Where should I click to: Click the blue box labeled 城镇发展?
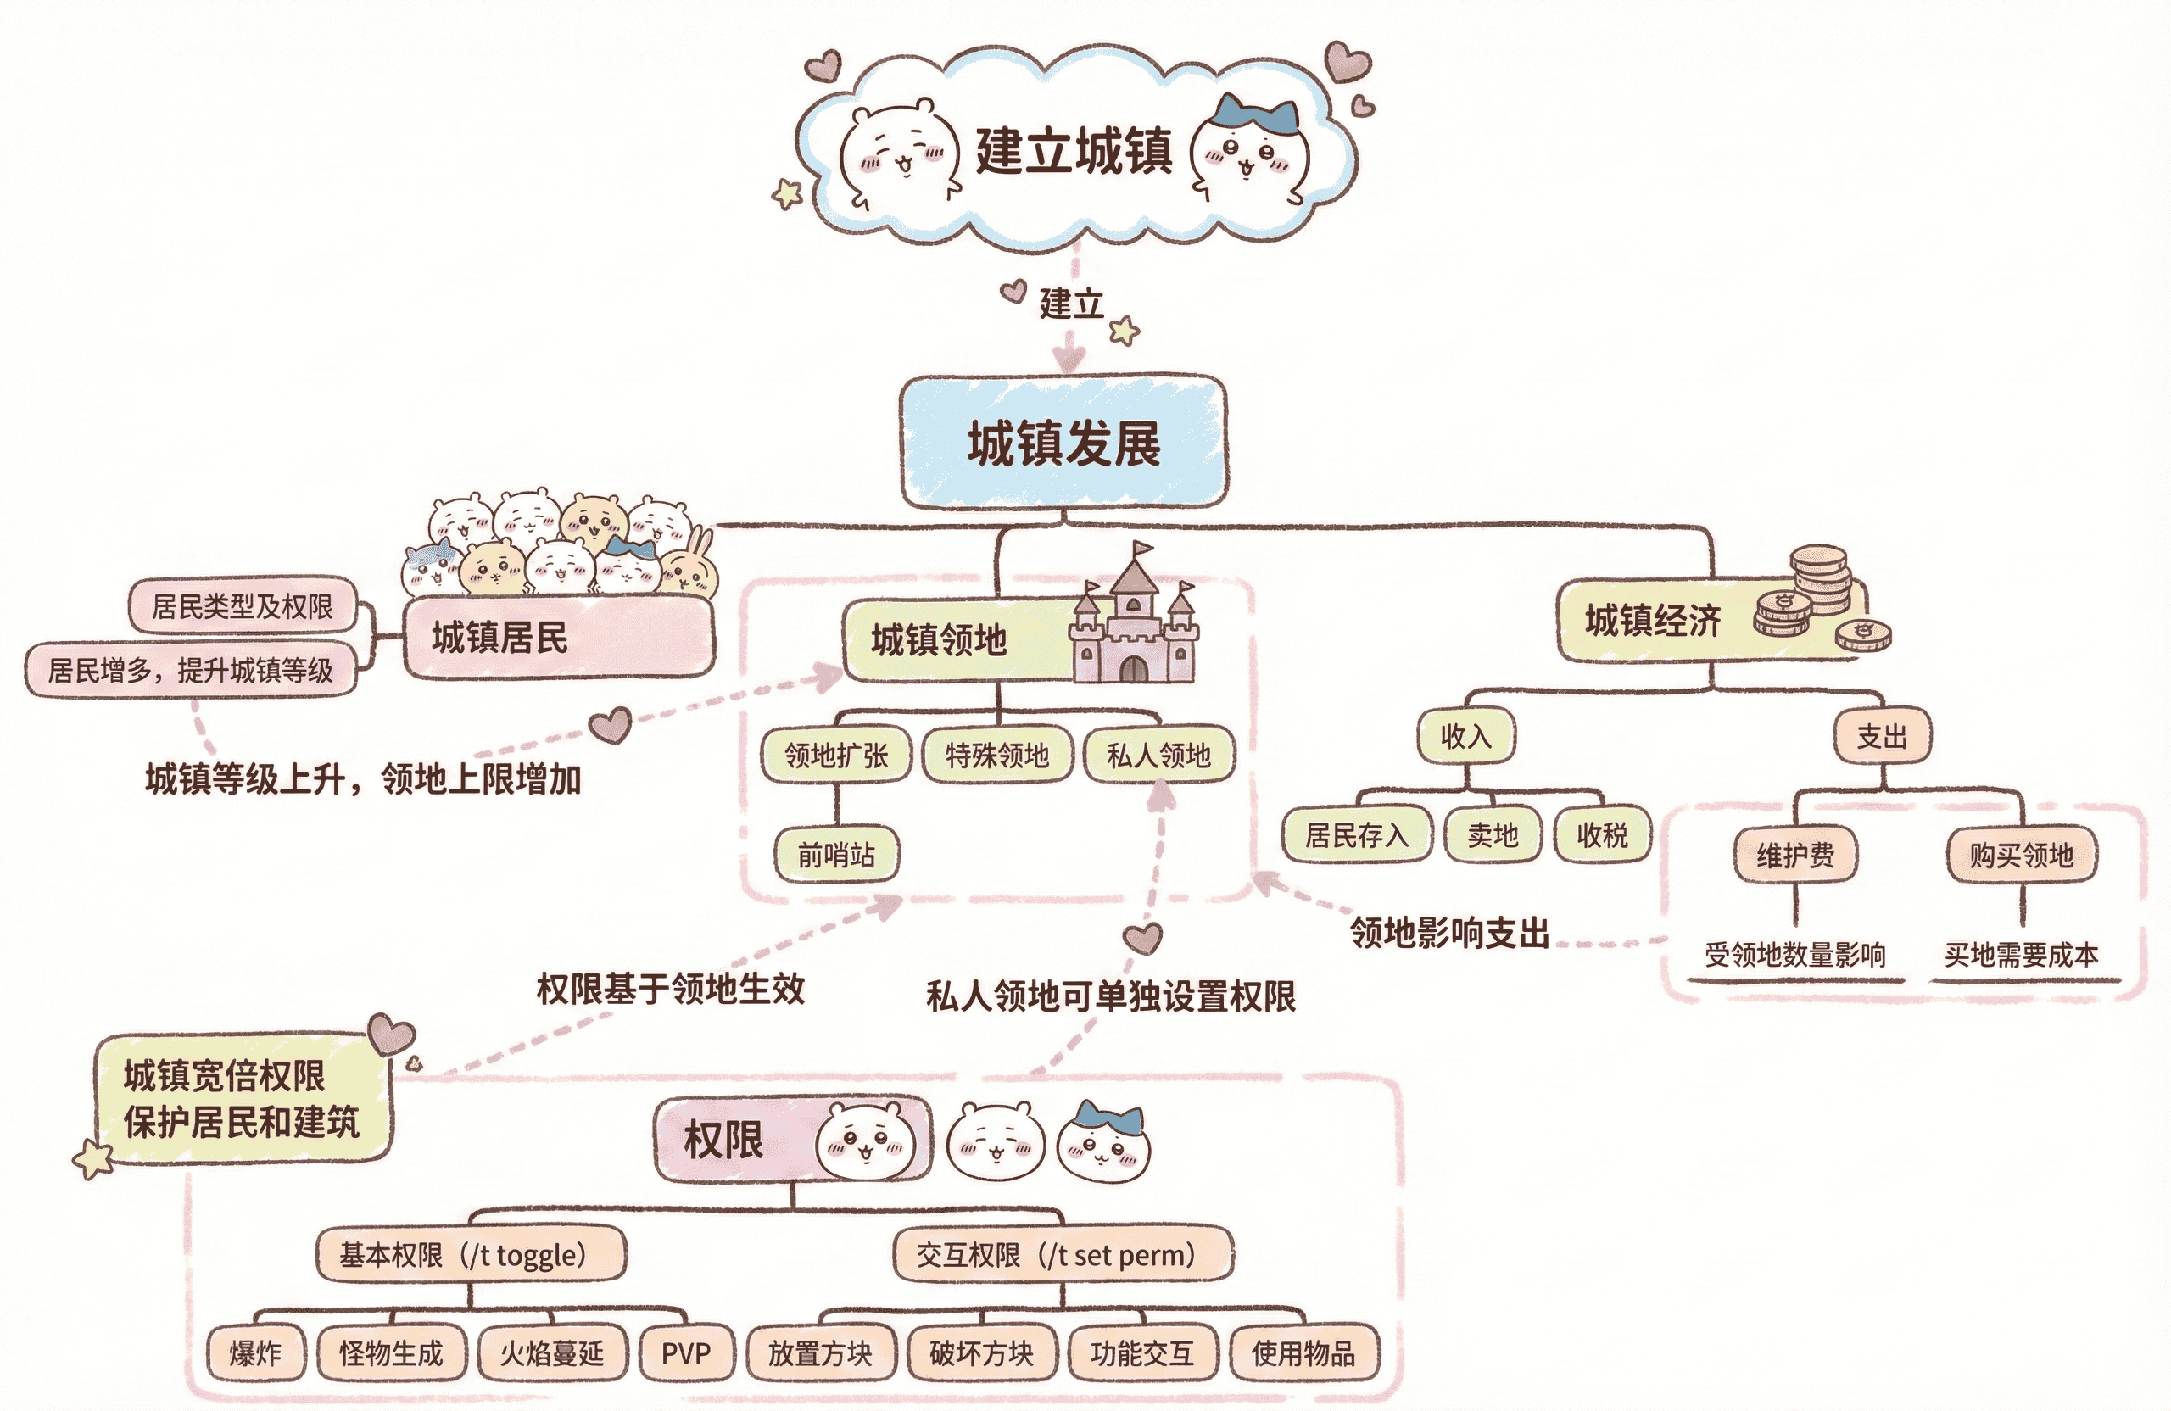tap(1063, 443)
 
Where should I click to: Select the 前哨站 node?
tap(835, 855)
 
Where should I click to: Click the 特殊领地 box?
tap(997, 755)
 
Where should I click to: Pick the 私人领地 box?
tap(1158, 755)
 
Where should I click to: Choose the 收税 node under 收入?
tap(1602, 834)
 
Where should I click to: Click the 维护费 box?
tap(1795, 855)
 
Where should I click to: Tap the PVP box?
tap(685, 1352)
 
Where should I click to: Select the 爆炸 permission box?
tap(255, 1352)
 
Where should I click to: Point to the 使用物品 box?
tap(1303, 1352)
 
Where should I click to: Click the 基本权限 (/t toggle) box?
tap(471, 1255)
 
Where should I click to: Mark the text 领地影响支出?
tap(1449, 933)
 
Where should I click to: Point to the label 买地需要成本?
tap(2021, 955)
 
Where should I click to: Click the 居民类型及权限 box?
tap(243, 605)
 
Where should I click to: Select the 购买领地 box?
tap(2021, 855)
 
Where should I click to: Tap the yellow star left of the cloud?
tap(787, 193)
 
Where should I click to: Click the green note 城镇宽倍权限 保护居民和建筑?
tap(242, 1098)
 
